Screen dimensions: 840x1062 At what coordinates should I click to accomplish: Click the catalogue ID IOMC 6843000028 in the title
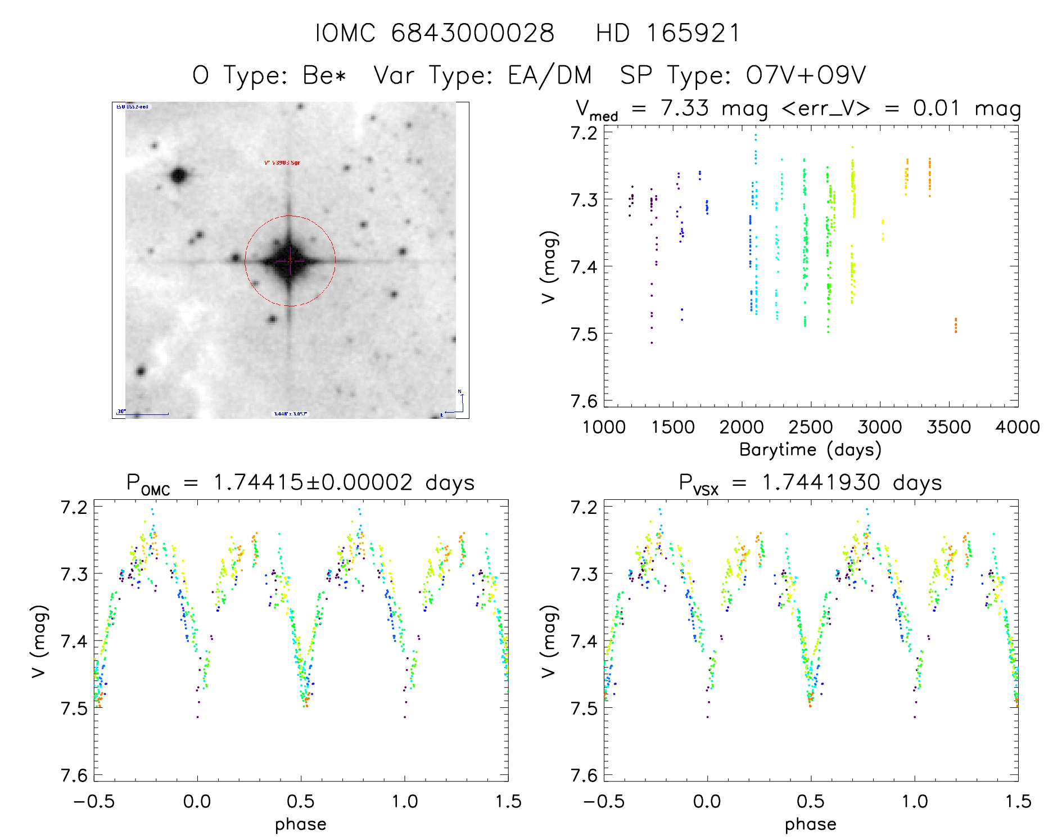434,33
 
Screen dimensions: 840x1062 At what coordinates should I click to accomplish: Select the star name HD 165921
668,33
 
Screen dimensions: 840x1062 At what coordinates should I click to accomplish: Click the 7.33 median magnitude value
685,108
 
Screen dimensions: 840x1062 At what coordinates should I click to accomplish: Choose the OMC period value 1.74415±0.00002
313,482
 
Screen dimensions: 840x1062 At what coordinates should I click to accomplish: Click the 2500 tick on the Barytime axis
811,427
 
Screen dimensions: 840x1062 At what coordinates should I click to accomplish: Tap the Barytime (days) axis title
810,450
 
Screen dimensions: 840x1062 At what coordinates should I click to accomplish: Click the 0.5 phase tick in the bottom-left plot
301,802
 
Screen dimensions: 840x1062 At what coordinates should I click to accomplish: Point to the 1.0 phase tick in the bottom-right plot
915,802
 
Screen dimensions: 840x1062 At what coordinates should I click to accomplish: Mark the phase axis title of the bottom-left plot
301,824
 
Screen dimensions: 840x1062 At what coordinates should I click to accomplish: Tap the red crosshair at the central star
290,261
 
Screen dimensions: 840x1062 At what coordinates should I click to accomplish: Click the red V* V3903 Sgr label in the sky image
282,163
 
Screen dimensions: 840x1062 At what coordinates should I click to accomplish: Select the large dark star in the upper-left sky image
179,175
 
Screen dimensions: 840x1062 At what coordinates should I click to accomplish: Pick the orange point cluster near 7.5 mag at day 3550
955,325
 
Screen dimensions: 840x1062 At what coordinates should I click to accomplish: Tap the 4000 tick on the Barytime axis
1018,427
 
